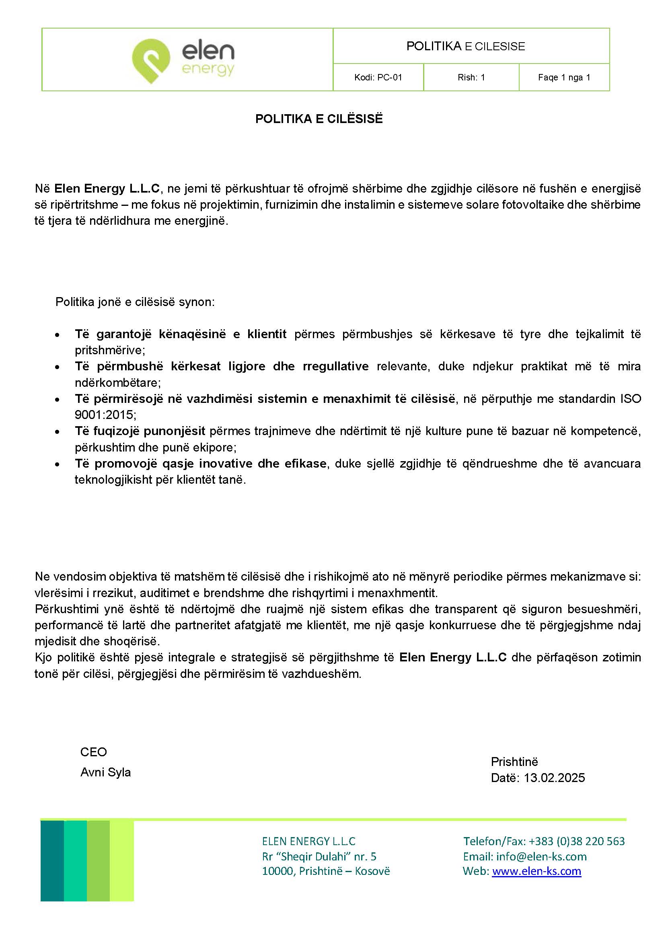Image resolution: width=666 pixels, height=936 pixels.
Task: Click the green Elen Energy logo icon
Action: pos(150,60)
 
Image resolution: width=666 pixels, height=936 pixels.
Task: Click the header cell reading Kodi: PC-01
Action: pos(378,78)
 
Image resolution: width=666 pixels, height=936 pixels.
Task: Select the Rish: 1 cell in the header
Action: pos(471,78)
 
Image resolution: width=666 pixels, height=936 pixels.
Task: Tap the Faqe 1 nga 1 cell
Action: pos(564,78)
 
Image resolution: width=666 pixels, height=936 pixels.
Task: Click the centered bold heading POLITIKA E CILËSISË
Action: pos(319,119)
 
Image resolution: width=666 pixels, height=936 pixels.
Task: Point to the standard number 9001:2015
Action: pos(104,415)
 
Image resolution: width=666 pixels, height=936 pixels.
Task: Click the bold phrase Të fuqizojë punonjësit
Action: pos(140,431)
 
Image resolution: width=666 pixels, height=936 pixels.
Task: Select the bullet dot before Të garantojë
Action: pos(58,335)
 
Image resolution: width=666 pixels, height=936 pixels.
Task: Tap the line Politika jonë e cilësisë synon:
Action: pos(135,302)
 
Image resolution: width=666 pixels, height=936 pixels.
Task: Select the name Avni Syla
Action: pos(105,772)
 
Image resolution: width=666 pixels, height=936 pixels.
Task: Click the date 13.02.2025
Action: pos(554,778)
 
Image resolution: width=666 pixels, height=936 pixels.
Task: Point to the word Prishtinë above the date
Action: pos(514,762)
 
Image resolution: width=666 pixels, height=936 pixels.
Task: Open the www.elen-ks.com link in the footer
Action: pos(536,871)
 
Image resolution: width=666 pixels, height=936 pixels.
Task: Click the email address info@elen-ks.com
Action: pos(541,856)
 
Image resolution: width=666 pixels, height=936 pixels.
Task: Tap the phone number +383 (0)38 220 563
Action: pos(577,841)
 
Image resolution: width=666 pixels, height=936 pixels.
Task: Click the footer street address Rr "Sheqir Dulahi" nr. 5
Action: pos(319,856)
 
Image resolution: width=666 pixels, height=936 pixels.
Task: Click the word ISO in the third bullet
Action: pos(630,398)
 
